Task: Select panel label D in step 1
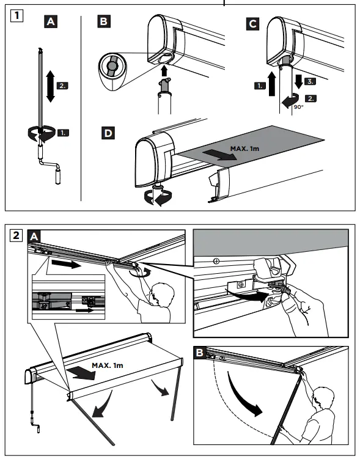(106, 132)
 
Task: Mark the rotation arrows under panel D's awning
(156, 198)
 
